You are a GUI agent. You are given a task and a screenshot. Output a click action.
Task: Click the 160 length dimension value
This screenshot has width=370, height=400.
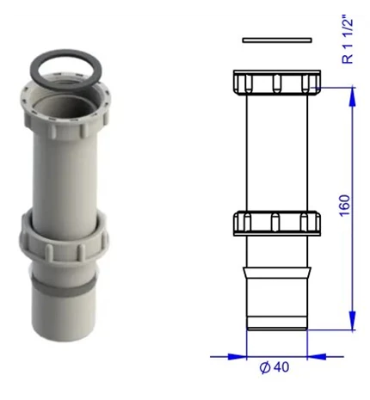345,206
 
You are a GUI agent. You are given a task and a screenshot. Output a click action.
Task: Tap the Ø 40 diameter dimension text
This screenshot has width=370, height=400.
274,367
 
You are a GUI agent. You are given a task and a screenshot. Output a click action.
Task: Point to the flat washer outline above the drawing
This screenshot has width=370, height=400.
277,40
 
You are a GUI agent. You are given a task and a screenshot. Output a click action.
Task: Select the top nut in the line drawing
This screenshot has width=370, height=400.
277,82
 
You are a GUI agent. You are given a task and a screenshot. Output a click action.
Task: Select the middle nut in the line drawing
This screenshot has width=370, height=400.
277,224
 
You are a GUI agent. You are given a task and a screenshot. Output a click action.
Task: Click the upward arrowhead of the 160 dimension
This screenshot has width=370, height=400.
353,96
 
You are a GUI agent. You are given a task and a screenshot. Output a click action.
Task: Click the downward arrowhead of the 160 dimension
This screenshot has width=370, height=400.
353,320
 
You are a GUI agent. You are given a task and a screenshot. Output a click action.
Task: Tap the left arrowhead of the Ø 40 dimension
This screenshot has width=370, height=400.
237,357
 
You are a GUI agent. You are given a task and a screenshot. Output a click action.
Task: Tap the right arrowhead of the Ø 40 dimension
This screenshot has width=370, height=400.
317,357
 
